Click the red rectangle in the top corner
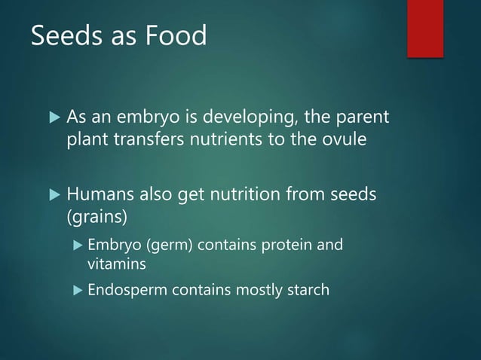[424, 27]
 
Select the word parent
[366, 118]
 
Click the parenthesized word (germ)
[158, 245]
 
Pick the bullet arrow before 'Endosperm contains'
[75, 290]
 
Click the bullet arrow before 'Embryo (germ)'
[75, 246]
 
